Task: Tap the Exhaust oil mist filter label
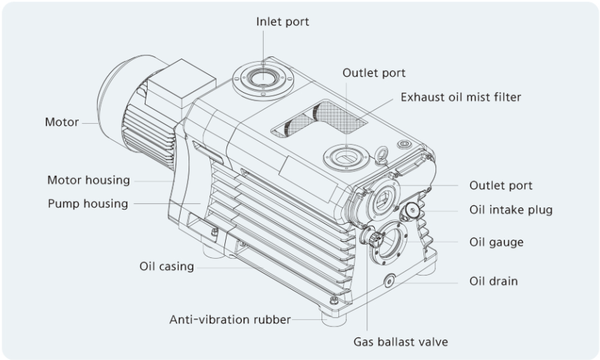461,97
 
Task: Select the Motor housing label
89,180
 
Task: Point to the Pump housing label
88,204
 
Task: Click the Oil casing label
166,266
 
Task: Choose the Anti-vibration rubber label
229,320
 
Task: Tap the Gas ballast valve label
400,342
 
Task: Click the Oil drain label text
493,281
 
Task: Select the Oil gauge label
496,242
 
